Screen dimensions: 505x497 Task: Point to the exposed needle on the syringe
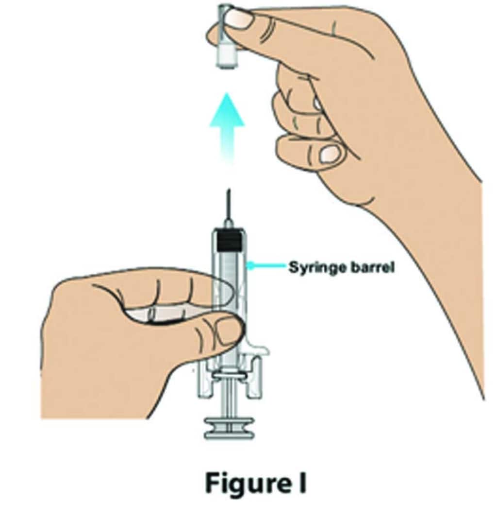227,204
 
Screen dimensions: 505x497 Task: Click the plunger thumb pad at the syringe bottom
229,428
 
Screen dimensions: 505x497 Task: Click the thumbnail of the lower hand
228,330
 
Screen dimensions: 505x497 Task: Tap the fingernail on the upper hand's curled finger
331,154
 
